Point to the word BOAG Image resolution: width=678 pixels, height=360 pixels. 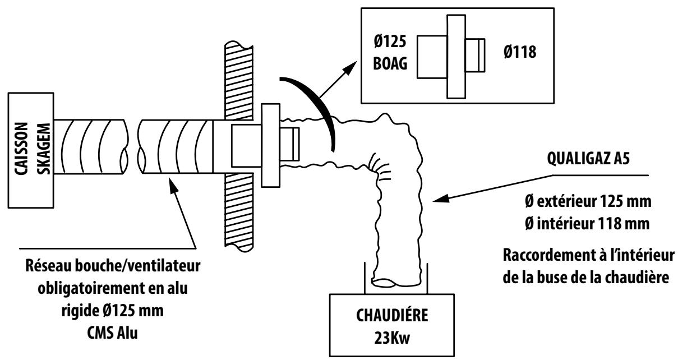pos(388,66)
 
